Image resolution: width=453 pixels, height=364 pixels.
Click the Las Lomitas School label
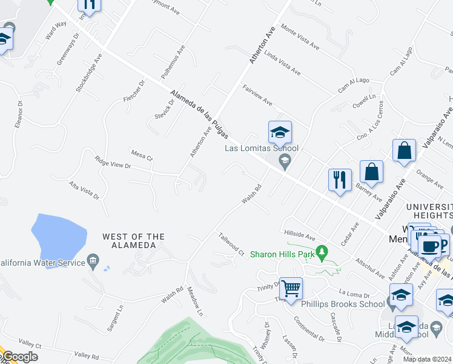coord(253,148)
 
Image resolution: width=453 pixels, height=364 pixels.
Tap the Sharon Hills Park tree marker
coord(322,251)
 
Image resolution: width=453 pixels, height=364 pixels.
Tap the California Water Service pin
coord(93,261)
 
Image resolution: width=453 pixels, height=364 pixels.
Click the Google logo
coord(19,357)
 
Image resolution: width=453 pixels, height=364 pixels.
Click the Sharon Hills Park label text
coord(283,254)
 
